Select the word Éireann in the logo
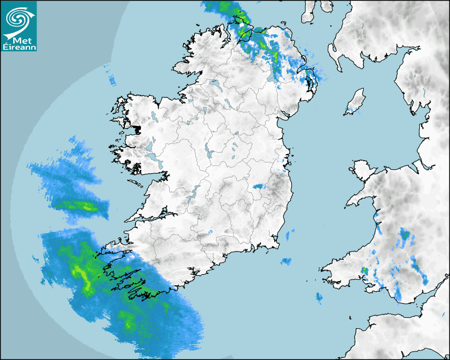(x=20, y=47)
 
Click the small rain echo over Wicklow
(x=258, y=186)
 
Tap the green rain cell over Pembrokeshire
(x=364, y=271)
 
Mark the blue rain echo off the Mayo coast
(x=112, y=79)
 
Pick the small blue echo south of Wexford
(x=286, y=261)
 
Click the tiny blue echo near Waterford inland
(x=210, y=232)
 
